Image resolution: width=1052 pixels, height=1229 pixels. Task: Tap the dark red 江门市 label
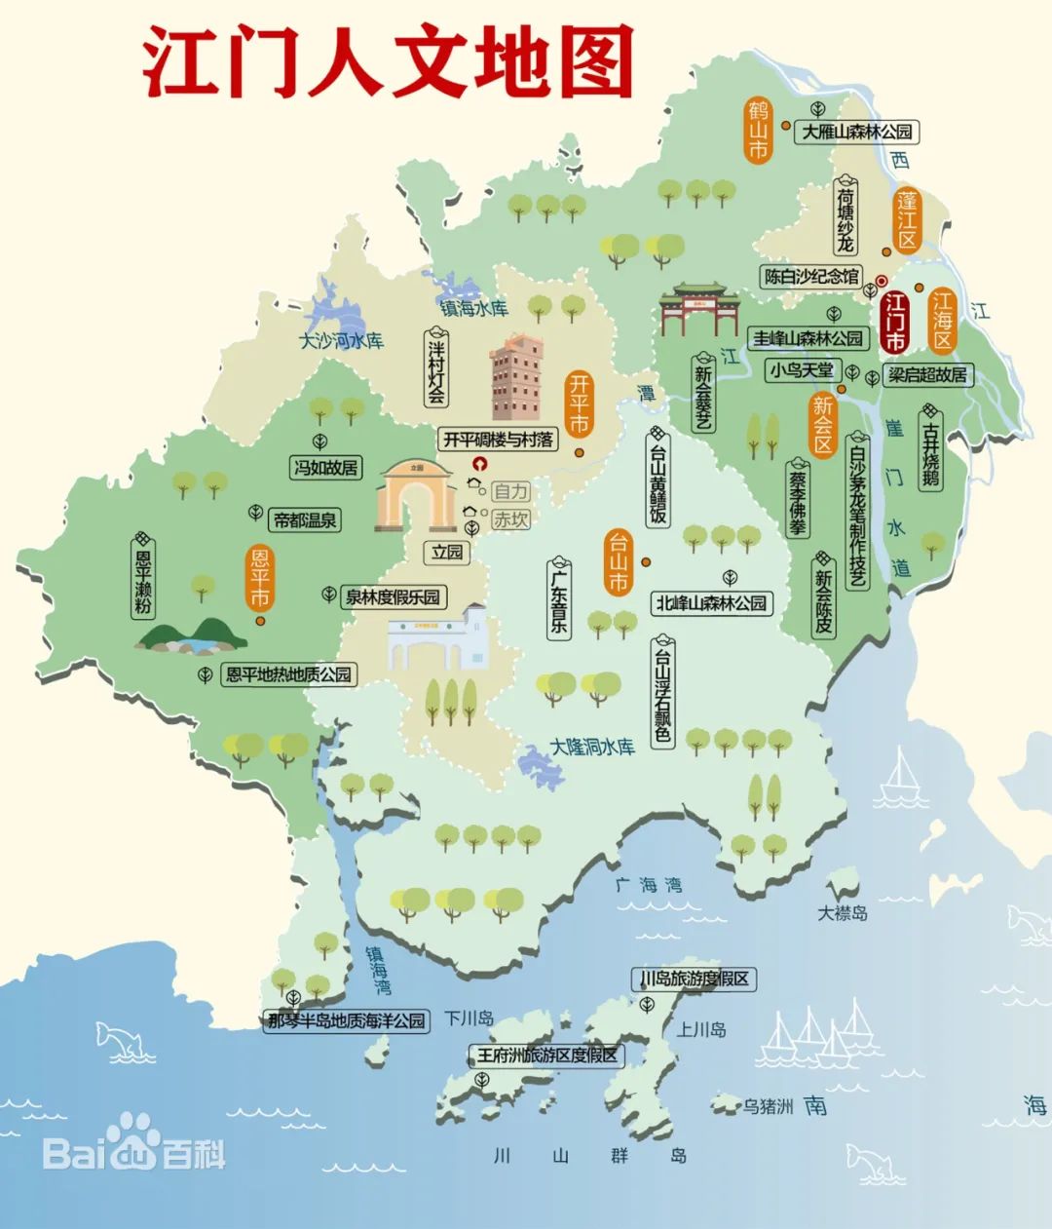894,322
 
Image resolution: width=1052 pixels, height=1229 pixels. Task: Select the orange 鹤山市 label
758,129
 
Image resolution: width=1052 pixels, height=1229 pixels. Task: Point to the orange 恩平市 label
259,578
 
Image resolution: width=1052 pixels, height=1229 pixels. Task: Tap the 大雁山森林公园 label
857,132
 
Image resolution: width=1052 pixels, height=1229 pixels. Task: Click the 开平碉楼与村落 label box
498,440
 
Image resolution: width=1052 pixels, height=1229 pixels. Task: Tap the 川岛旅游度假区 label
695,979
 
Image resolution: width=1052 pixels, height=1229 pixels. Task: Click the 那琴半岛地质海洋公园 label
348,1020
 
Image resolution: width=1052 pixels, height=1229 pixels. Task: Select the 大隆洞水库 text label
592,748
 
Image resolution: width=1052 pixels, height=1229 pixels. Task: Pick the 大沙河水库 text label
341,341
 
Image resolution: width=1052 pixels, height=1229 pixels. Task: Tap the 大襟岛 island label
843,913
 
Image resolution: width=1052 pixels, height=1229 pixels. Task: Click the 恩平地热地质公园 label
287,674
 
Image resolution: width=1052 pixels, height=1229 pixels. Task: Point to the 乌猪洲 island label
769,1106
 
